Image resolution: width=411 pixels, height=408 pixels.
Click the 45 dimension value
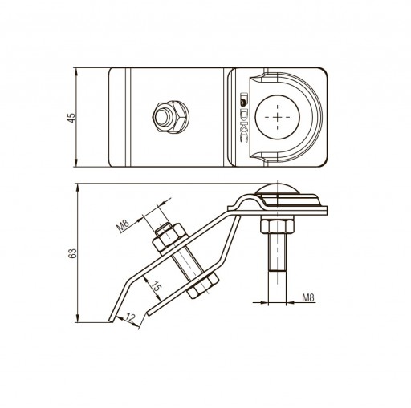(x=71, y=118)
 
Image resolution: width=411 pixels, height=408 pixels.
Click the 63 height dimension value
(x=72, y=253)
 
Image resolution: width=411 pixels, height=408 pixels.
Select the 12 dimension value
(x=130, y=317)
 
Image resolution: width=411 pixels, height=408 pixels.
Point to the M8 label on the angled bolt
(x=124, y=225)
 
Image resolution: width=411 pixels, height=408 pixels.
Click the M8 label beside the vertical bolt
(x=308, y=297)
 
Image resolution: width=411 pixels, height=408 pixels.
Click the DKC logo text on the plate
(x=243, y=117)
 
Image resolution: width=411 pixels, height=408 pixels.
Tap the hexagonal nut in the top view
(x=171, y=117)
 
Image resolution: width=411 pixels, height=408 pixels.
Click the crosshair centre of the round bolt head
(x=278, y=117)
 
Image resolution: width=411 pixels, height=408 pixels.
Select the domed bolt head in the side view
(x=278, y=188)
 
